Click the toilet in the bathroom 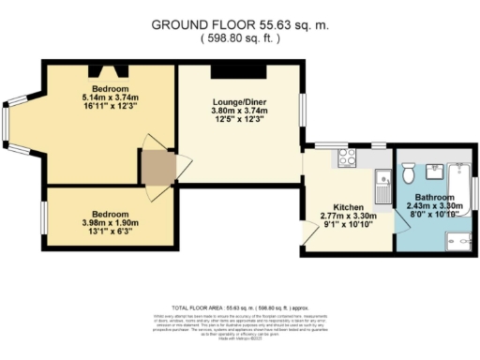(408, 174)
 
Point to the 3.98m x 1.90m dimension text (110, 222)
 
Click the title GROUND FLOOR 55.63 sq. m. (242, 24)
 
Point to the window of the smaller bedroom (45, 215)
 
